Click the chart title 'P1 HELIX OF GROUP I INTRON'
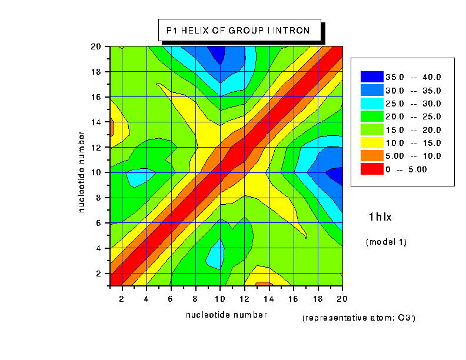tap(238, 30)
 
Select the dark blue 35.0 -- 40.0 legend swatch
tap(371, 76)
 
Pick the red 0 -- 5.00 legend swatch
tap(371, 169)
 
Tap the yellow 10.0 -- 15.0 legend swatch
tap(371, 143)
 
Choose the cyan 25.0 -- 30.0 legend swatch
tap(371, 103)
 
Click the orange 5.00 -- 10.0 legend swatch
tap(371, 156)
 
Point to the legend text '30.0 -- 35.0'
tap(413, 90)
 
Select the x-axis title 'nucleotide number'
tap(226, 315)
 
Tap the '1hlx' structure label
tap(380, 217)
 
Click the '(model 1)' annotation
tap(386, 242)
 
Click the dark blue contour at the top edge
tap(218, 54)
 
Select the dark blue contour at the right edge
tap(337, 175)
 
